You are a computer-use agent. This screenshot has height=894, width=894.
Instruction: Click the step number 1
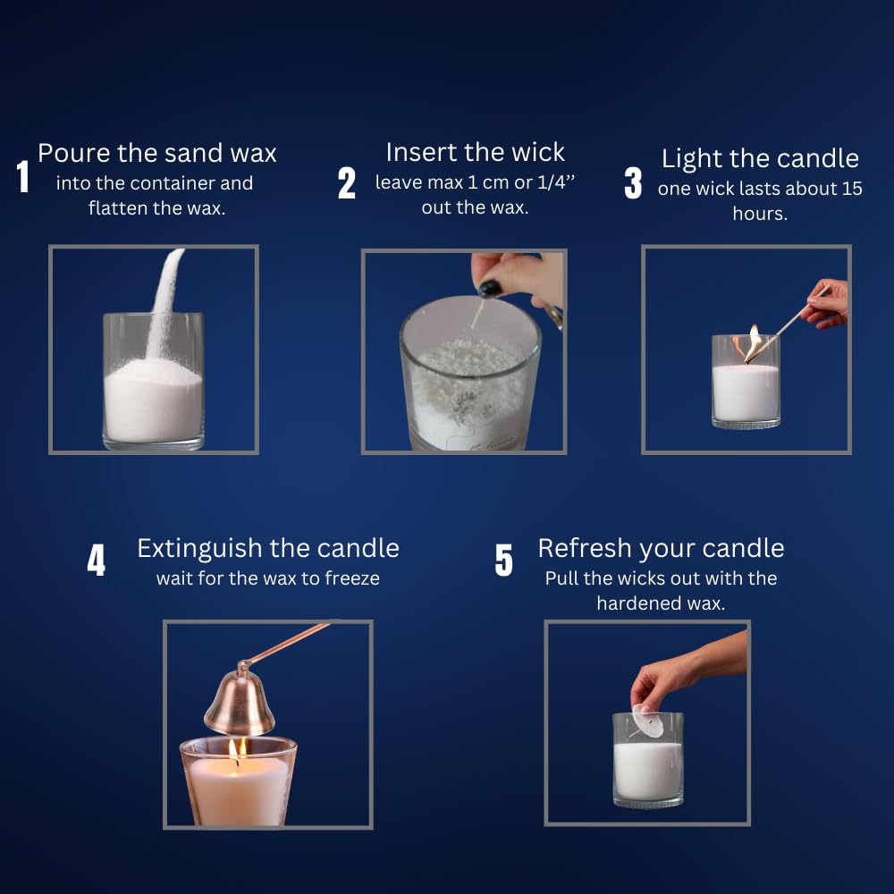click(x=23, y=177)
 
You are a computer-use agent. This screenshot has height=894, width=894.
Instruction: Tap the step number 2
click(x=347, y=183)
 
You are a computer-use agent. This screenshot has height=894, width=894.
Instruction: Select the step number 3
click(x=633, y=183)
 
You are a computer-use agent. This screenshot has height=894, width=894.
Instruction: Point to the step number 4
click(x=96, y=561)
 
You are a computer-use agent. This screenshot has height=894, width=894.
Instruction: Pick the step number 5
click(x=504, y=561)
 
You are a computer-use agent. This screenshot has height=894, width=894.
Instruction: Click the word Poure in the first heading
click(x=73, y=153)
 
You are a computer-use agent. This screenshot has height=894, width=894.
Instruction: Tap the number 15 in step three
click(x=852, y=190)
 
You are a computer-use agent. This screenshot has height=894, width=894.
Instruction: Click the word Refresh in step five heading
click(x=586, y=548)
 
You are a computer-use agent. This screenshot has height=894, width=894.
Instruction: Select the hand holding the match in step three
click(x=828, y=304)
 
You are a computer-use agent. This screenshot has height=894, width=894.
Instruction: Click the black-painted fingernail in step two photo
click(x=490, y=289)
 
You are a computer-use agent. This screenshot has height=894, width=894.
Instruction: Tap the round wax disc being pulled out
click(x=649, y=721)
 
